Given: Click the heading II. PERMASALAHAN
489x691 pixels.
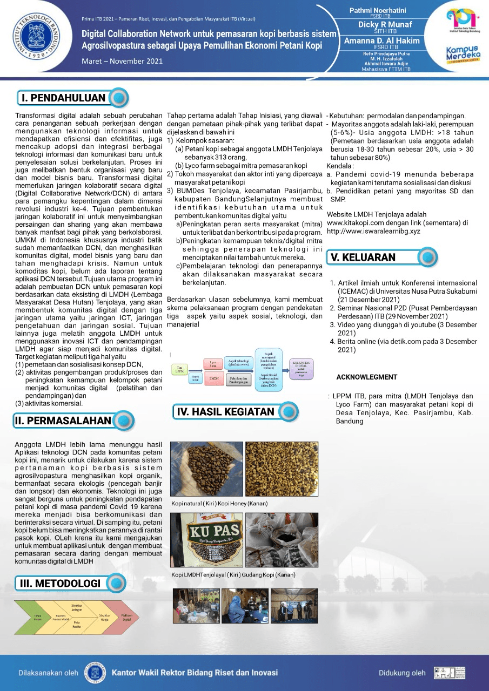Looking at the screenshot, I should click(x=63, y=421).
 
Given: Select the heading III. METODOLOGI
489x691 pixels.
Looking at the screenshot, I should click(x=60, y=583).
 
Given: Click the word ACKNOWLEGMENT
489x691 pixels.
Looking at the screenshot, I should click(x=366, y=377).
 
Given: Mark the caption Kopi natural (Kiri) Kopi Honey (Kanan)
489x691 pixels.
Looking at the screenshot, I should click(x=219, y=503).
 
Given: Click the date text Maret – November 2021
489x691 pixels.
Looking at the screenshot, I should click(x=122, y=61).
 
